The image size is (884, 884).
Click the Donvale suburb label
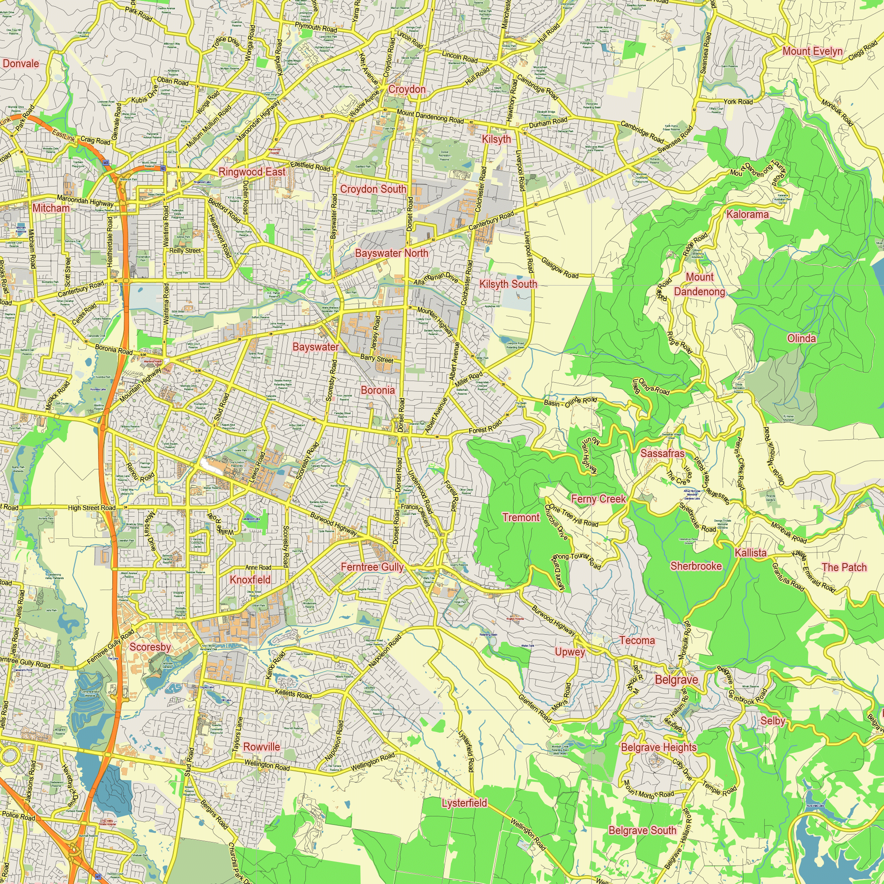(21, 64)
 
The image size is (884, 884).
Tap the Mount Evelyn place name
(812, 51)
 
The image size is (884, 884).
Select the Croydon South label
(373, 189)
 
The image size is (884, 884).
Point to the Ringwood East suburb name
(251, 172)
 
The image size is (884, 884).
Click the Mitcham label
(51, 208)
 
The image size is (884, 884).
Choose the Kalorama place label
(748, 214)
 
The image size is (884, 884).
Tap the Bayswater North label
(392, 253)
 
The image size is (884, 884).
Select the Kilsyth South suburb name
(508, 284)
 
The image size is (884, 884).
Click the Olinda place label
(801, 338)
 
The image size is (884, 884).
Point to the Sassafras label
(662, 453)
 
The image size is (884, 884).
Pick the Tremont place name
(521, 518)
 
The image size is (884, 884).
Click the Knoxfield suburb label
(250, 580)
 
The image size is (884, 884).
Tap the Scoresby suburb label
(150, 647)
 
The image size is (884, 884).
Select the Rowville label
(261, 747)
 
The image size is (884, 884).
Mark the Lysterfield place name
(465, 803)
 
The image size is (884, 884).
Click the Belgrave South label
(642, 831)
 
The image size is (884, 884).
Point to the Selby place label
(773, 720)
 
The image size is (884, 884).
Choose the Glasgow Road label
(560, 268)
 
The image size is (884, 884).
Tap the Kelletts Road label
(293, 694)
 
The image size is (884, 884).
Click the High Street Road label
(91, 507)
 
